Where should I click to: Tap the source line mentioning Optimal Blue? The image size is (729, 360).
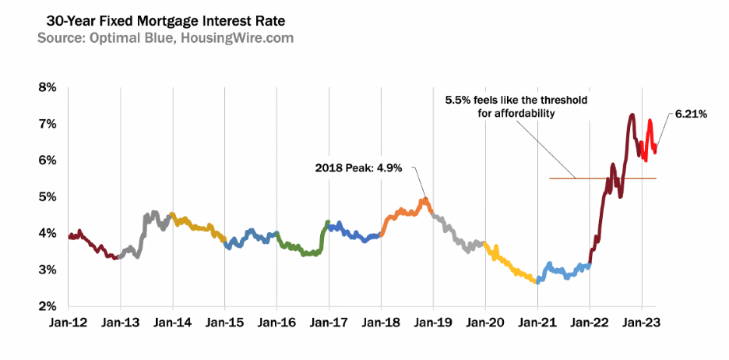point(165,37)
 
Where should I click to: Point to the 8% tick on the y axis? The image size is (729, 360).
point(47,88)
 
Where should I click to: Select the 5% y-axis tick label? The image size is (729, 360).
point(47,197)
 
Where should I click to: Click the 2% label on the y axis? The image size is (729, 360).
point(47,306)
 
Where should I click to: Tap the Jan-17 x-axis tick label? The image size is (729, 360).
point(328,321)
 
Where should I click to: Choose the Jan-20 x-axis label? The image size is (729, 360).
point(484,321)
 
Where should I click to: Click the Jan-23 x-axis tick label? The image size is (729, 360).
point(640,321)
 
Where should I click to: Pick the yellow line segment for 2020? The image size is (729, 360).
point(510,266)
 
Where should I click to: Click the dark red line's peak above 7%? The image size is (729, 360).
point(632,116)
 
